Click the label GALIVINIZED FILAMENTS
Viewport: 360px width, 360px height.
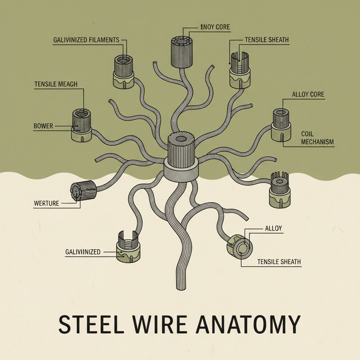coord(86,40)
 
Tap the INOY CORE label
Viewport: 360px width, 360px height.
coord(215,27)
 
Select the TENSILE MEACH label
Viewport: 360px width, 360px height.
coord(56,84)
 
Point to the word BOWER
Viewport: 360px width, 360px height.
coord(43,126)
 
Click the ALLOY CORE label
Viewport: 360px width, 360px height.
coord(308,95)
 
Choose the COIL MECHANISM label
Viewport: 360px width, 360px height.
coord(317,138)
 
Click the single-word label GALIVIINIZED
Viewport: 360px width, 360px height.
coord(83,252)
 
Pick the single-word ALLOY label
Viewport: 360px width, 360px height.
coord(272,229)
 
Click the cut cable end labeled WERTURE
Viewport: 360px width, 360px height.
coord(84,191)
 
